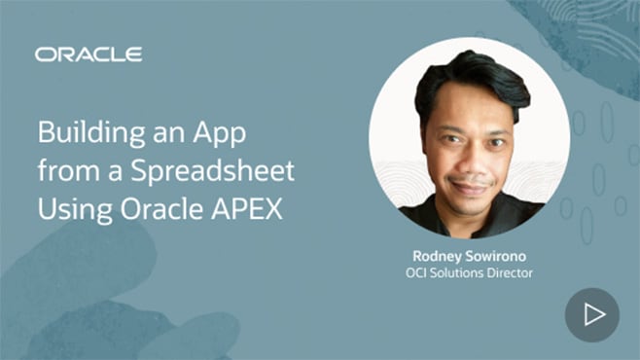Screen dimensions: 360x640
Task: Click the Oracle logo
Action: point(88,54)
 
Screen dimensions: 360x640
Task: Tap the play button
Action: point(592,314)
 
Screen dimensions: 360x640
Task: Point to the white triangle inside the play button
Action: point(594,314)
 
